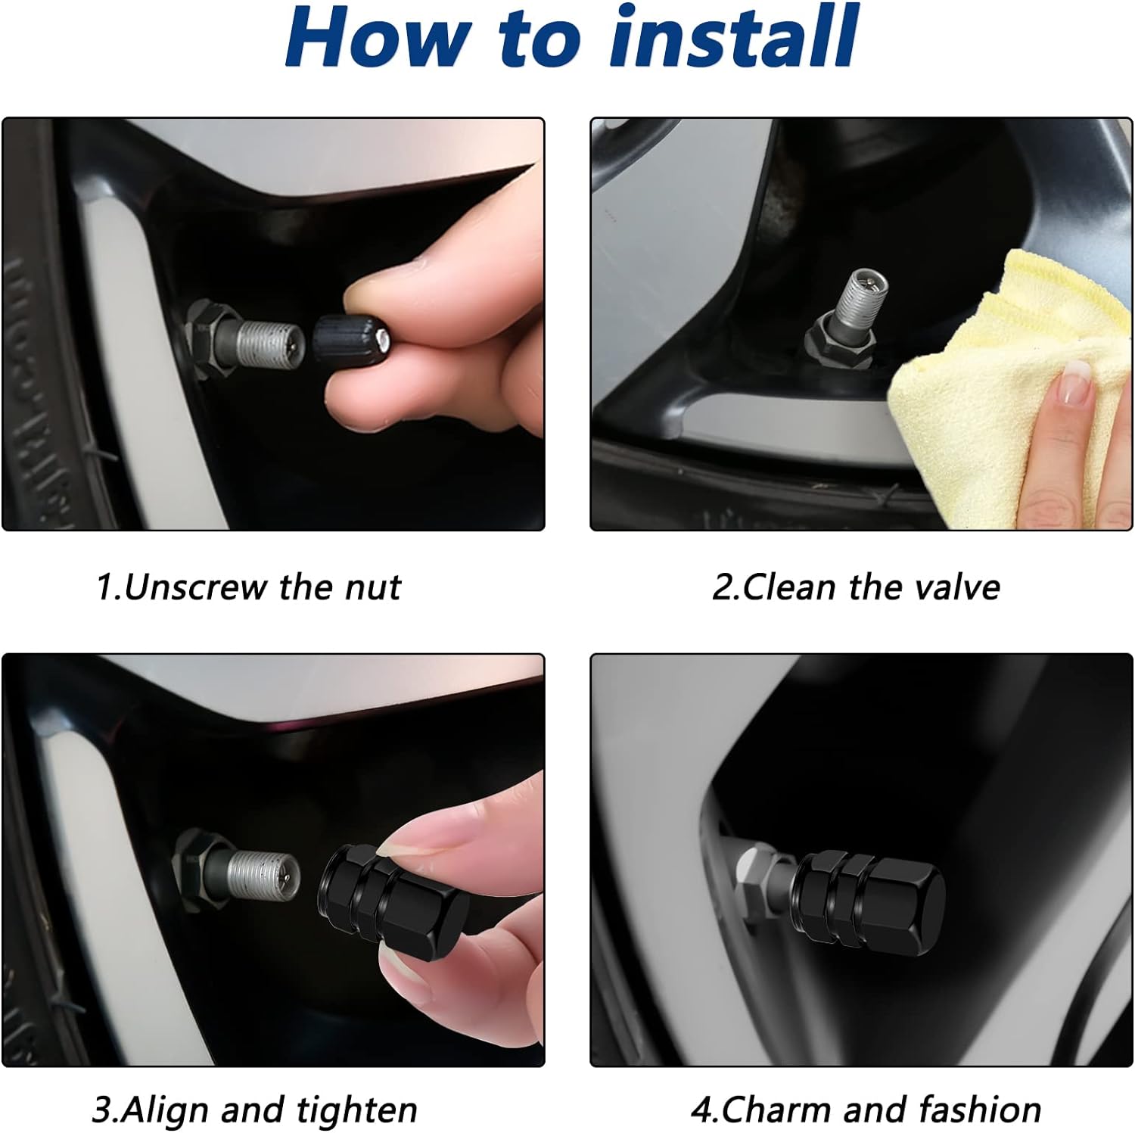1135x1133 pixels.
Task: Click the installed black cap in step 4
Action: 870,901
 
